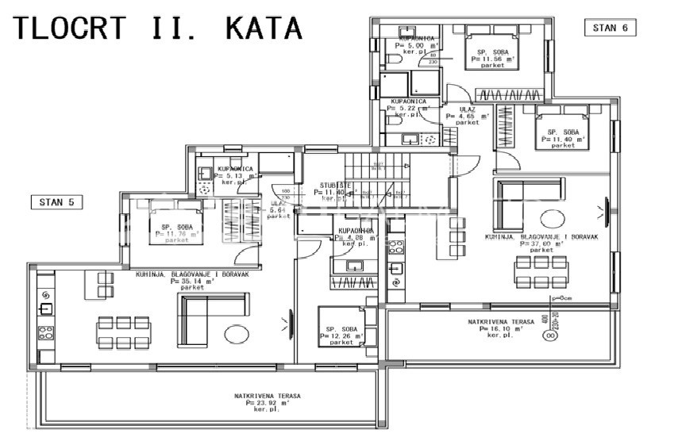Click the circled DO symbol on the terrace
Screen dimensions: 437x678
[548, 336]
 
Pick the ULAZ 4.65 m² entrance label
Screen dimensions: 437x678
[468, 116]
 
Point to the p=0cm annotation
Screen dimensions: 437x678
[561, 299]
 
